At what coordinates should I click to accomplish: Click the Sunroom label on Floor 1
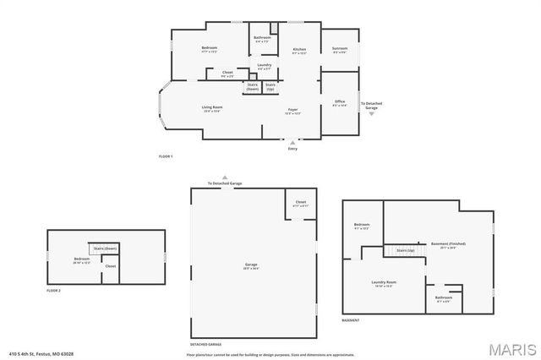pyautogui.click(x=340, y=49)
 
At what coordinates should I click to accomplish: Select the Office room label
pyautogui.click(x=339, y=102)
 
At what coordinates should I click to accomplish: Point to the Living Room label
pyautogui.click(x=211, y=107)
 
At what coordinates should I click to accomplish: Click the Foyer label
pyautogui.click(x=292, y=110)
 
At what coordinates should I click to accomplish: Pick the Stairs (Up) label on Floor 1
pyautogui.click(x=270, y=86)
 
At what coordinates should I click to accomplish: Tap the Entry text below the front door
pyautogui.click(x=292, y=149)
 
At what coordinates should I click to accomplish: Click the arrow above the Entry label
pyautogui.click(x=292, y=142)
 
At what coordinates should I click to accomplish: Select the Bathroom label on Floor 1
pyautogui.click(x=262, y=38)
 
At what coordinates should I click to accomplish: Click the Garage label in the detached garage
pyautogui.click(x=251, y=265)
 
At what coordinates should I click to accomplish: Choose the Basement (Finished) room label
pyautogui.click(x=448, y=244)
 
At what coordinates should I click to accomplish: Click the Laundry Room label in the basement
pyautogui.click(x=385, y=282)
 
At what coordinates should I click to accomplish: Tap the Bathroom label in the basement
pyautogui.click(x=443, y=297)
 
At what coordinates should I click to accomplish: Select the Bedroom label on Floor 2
pyautogui.click(x=81, y=259)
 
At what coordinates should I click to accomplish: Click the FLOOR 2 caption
pyautogui.click(x=54, y=291)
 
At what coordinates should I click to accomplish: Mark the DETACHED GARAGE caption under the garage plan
pyautogui.click(x=205, y=344)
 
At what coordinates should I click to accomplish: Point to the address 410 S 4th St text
pyautogui.click(x=41, y=353)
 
